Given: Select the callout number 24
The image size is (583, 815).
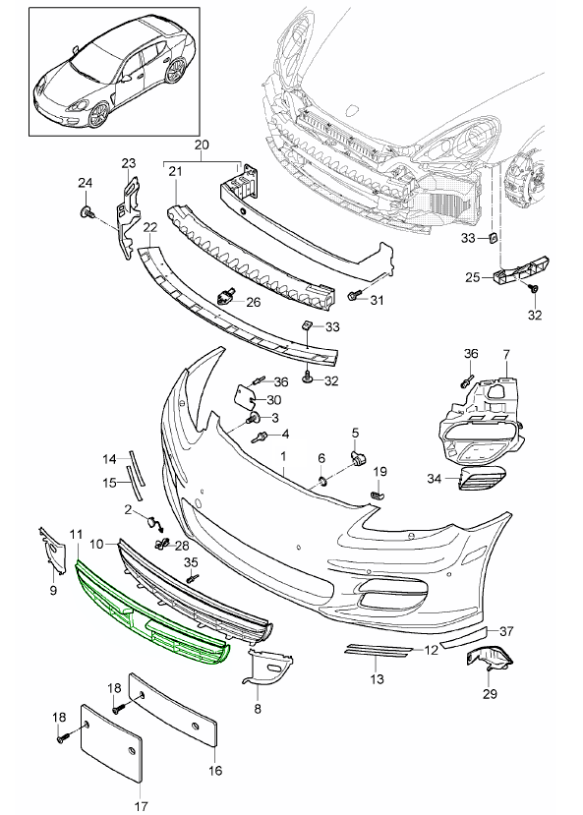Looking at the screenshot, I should pos(84,183).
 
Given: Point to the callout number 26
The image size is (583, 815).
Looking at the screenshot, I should pos(254,303).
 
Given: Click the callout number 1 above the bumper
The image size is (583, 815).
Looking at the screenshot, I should pos(283,457).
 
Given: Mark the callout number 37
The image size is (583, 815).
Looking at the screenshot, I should pos(506,631).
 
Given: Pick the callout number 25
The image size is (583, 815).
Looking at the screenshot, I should pos(472,278).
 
